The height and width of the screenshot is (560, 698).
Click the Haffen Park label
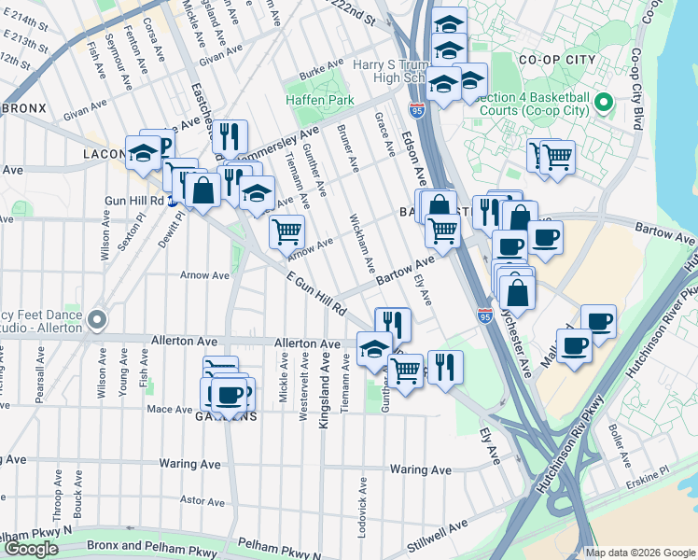(x=320, y=100)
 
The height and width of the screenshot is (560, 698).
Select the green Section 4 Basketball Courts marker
(x=603, y=102)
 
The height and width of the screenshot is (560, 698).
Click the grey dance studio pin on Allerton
(x=97, y=322)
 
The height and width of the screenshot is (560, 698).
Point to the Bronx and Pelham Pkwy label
(x=148, y=544)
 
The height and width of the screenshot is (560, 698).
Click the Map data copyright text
(x=640, y=553)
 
